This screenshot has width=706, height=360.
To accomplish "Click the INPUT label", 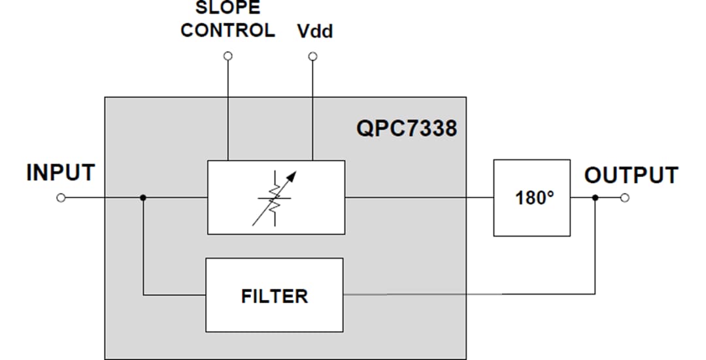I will coord(60,173).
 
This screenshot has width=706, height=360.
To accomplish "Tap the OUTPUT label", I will coord(631,175).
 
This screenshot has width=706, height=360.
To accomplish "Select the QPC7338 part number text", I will coord(406,129).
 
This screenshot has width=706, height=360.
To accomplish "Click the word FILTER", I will coord(274,296).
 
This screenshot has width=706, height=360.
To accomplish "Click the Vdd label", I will coord(315,31).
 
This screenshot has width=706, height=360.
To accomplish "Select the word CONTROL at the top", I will coord(227,31).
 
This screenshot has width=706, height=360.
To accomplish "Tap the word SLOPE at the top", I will coord(227,8).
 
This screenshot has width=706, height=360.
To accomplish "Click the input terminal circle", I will coord(61,197).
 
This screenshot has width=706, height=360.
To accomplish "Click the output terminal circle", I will coord(625,197).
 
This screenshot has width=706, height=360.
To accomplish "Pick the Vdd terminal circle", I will coord(312,57).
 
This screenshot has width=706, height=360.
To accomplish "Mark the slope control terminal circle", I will coord(227,57).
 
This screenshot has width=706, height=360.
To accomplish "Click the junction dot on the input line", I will coord(143,197).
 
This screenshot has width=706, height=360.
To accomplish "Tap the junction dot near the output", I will coord(594,197).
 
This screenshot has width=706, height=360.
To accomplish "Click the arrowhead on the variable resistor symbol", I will coord(292,175).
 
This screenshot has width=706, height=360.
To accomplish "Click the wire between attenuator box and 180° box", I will coord(418,197).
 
